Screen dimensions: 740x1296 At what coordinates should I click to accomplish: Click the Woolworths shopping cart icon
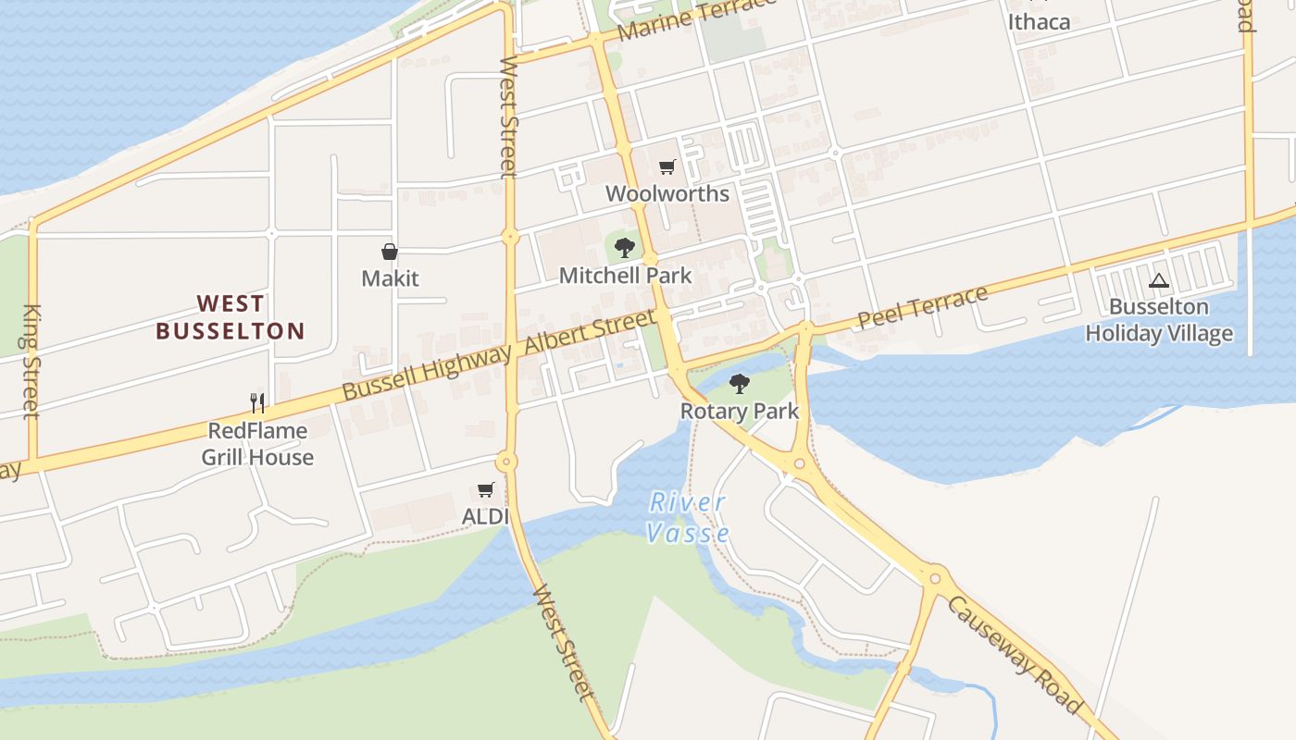(667, 167)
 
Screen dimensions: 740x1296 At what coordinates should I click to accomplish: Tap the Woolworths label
(667, 194)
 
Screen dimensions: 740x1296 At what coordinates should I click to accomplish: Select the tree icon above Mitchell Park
(625, 247)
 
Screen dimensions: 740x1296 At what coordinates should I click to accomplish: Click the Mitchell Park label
(625, 276)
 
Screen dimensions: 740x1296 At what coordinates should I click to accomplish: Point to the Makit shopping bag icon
(390, 252)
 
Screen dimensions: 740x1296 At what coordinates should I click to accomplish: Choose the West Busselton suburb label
(231, 317)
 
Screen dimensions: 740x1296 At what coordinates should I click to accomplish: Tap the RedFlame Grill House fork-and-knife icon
(257, 402)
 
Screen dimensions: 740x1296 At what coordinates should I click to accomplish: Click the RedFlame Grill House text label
(257, 444)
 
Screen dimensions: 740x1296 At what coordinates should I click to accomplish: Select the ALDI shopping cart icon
(485, 489)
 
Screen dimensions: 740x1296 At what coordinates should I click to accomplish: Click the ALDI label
(485, 516)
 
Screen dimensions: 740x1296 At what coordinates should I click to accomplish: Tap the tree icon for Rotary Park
(739, 383)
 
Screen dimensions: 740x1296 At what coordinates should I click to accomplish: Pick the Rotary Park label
(739, 411)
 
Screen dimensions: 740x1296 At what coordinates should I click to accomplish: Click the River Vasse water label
(688, 518)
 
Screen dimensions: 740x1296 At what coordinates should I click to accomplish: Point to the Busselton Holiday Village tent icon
(1158, 281)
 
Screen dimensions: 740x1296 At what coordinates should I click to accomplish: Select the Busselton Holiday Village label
(1158, 320)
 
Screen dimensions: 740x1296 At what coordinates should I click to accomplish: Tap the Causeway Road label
(1015, 655)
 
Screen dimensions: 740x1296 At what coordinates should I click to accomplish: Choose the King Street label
(31, 361)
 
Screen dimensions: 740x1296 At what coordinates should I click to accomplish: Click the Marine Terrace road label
(696, 18)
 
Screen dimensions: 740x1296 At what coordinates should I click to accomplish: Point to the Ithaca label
(1039, 21)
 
